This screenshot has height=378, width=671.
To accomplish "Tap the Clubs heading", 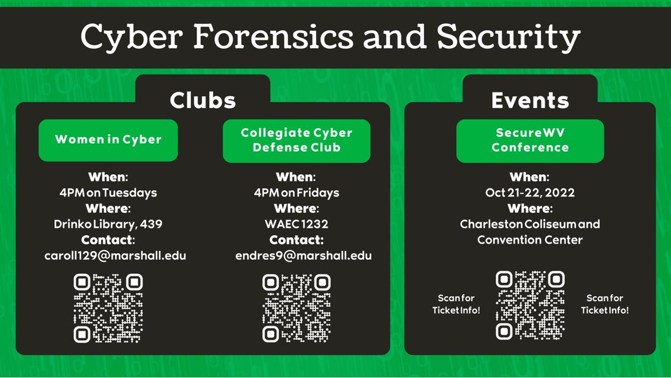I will click(x=202, y=100).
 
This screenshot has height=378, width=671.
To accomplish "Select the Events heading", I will click(x=530, y=100).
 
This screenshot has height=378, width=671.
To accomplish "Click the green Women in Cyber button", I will click(x=108, y=140).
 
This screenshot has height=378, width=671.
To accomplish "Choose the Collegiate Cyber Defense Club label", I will click(x=296, y=140).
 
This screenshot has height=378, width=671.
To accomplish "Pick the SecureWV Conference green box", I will click(x=530, y=140).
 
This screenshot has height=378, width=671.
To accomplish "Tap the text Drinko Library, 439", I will click(x=107, y=224).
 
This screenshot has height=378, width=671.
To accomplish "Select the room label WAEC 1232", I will click(x=296, y=224).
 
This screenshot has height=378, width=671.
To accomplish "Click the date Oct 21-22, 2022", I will click(x=530, y=193).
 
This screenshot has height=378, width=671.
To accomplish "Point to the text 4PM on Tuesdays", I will click(x=107, y=193).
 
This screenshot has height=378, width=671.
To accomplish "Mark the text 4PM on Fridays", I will click(x=296, y=193).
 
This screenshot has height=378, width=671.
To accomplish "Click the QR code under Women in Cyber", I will click(x=108, y=308).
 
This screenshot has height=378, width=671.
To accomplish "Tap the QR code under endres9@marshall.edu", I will click(x=296, y=308).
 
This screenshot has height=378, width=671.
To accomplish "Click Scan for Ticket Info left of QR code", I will click(x=456, y=304).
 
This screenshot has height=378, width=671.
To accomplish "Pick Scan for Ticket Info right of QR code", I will click(x=604, y=304).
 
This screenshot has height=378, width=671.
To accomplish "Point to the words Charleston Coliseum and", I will click(x=530, y=224).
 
